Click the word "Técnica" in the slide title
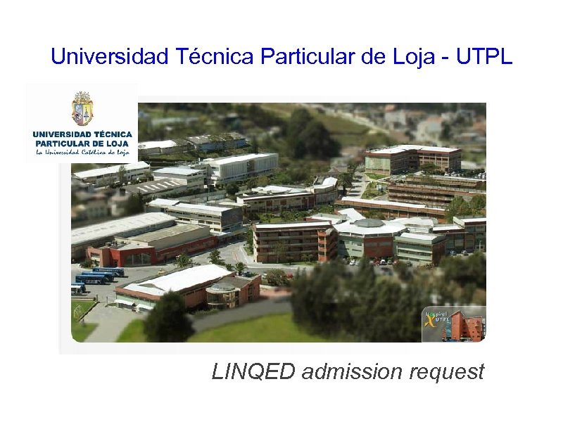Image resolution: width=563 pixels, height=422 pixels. click(213, 57)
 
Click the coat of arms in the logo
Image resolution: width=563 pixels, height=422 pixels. click(82, 109)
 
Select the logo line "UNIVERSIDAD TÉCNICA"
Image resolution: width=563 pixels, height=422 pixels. click(82, 133)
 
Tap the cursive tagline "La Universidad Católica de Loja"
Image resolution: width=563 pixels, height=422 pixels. click(82, 151)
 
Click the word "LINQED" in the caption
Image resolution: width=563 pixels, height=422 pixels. click(253, 371)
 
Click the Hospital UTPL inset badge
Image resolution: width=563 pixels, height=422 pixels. click(453, 324)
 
